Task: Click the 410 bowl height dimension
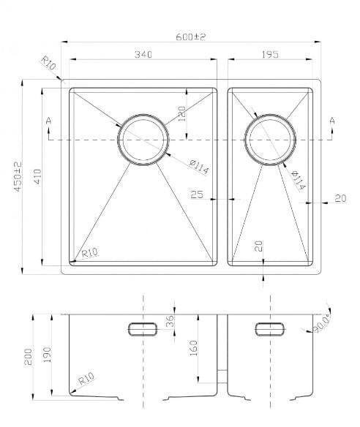(36, 176)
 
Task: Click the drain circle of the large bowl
(143, 139)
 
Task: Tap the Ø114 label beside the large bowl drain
(198, 166)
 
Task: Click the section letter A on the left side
(48, 120)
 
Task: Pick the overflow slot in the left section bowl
(143, 328)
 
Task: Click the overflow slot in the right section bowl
(270, 328)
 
